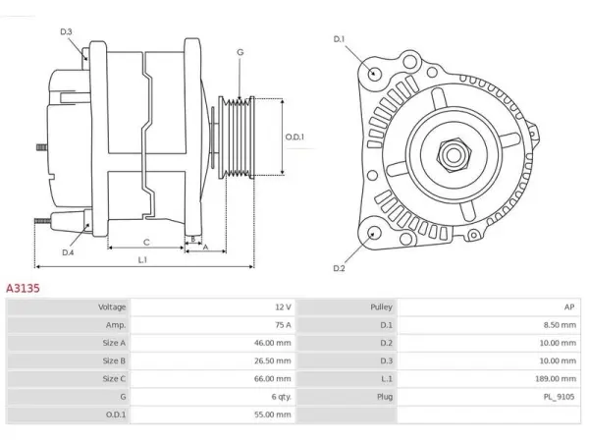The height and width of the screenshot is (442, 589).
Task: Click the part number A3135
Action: tap(23, 288)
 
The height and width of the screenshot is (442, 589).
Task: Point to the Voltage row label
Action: tap(112, 307)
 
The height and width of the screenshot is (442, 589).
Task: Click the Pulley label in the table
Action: tap(381, 307)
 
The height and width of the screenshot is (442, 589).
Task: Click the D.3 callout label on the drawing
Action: tap(66, 31)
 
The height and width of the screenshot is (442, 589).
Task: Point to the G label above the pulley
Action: tap(241, 52)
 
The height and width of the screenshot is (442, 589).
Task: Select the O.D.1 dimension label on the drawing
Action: tap(294, 137)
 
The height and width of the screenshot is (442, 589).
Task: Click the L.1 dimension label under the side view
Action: tap(142, 259)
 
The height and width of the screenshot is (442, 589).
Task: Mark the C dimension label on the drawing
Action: tap(146, 243)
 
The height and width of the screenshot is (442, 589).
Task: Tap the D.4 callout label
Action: tap(68, 252)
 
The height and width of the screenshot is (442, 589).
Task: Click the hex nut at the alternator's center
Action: tap(454, 154)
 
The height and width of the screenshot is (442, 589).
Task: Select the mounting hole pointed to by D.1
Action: tap(374, 73)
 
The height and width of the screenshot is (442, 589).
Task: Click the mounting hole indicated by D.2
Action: tap(373, 233)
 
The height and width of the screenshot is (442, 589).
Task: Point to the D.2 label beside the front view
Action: tap(339, 268)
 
